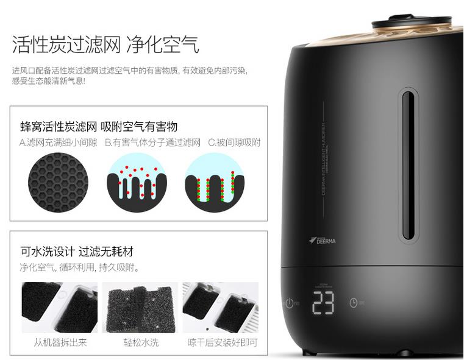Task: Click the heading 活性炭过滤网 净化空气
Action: coord(105,44)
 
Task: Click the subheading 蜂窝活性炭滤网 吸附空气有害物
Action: coord(99,127)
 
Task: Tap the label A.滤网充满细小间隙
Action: coord(58,143)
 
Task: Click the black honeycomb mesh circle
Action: coord(58,182)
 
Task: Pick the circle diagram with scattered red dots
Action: coord(136,182)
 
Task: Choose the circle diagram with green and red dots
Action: coord(214,182)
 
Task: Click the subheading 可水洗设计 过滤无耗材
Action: coord(77,252)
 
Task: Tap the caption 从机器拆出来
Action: coord(60,342)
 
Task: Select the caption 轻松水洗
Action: coord(140,342)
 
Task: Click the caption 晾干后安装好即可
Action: coord(223,342)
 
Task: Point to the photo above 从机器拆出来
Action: coord(59,307)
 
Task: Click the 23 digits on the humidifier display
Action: coord(323,302)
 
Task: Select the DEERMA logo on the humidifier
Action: coord(323,240)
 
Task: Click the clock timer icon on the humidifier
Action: coord(354,303)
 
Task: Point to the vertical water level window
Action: coord(407,164)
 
